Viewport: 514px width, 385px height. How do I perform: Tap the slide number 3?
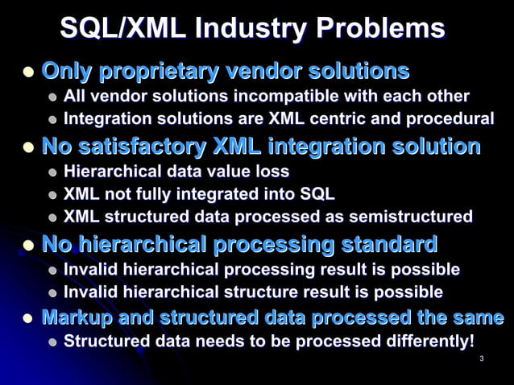tap(480, 358)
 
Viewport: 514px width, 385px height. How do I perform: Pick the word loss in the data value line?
tap(272, 172)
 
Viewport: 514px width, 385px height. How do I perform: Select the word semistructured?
tap(410, 217)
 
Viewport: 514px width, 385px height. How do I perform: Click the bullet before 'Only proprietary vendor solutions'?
tap(27, 72)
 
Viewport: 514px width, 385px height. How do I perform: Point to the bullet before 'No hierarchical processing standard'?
tap(27, 244)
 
